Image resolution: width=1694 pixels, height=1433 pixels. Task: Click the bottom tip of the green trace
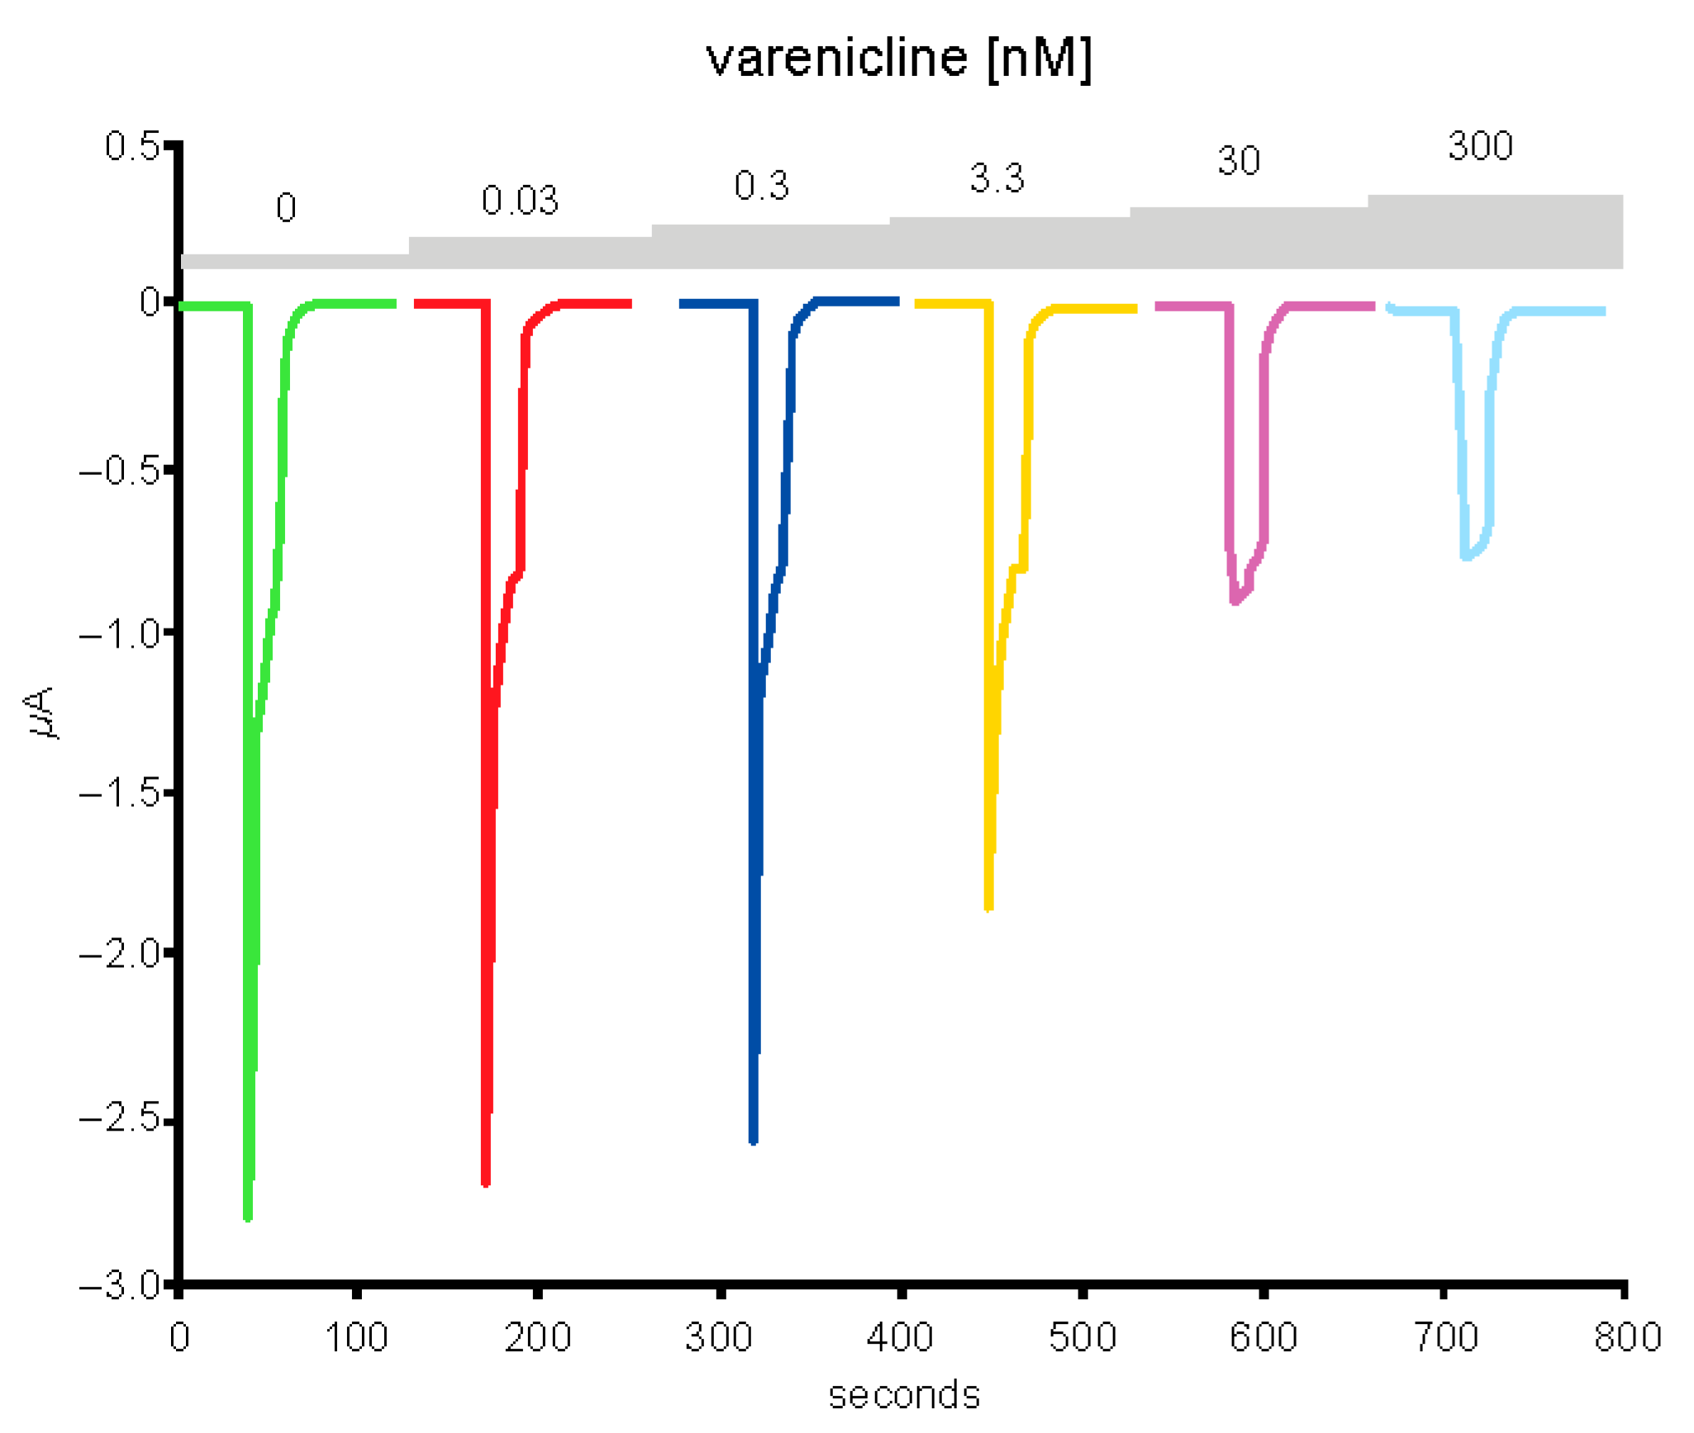point(247,1217)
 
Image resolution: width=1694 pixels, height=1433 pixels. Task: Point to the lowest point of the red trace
point(485,1183)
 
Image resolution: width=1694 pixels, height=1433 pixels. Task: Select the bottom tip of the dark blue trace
point(753,1141)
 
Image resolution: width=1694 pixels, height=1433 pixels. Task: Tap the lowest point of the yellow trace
point(988,908)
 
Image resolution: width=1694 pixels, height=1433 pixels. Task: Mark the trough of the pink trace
point(1235,601)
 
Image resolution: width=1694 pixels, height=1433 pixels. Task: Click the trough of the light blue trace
point(1467,558)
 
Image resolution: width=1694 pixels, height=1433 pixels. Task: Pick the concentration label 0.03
point(520,201)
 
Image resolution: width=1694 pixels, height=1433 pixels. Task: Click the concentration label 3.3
point(997,178)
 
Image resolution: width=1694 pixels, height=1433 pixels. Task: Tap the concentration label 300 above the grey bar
point(1480,146)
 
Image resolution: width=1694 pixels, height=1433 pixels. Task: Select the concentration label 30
point(1238,161)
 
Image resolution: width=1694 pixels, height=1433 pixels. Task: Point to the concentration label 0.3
point(761,186)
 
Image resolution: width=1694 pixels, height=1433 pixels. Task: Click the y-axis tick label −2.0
point(121,954)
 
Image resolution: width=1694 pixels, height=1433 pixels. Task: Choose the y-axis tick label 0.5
point(131,146)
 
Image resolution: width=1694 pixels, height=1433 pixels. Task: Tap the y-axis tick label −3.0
point(121,1286)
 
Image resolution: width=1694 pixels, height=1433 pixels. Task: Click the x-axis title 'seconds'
point(904,1395)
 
